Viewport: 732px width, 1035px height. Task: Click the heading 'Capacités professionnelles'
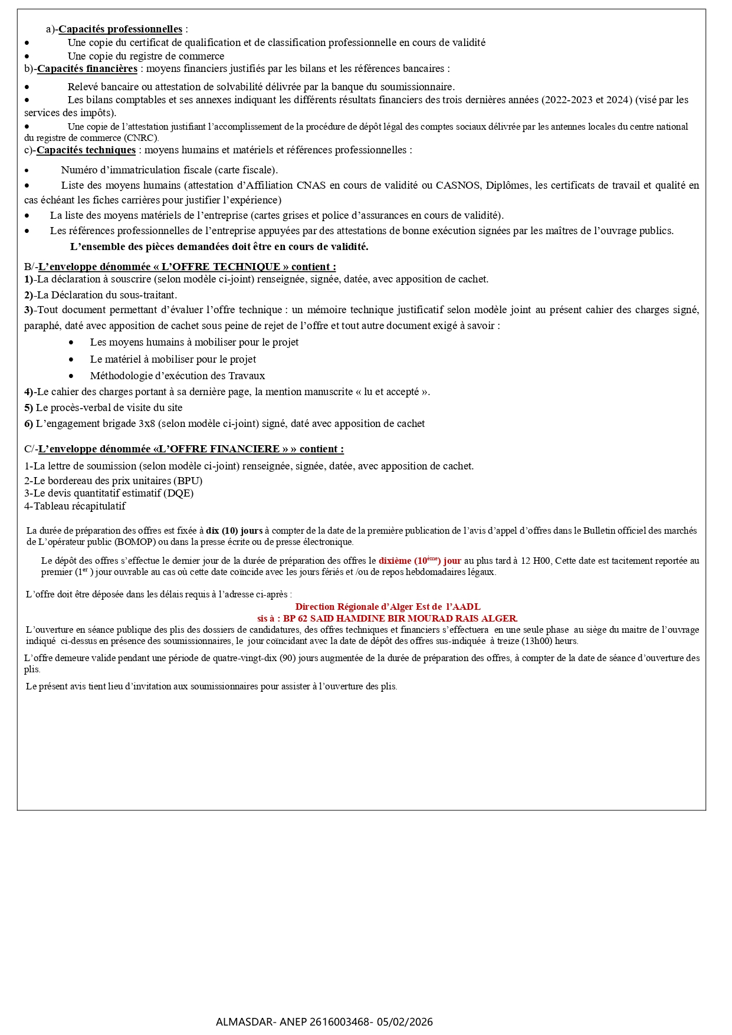pyautogui.click(x=120, y=29)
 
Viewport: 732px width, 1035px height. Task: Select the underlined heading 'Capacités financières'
pyautogui.click(x=87, y=68)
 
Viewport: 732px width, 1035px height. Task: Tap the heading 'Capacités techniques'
pyautogui.click(x=86, y=150)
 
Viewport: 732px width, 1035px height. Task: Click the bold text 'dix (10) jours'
pyautogui.click(x=234, y=531)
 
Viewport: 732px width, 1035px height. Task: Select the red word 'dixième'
pyautogui.click(x=395, y=561)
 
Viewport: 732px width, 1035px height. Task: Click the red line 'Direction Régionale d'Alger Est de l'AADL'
pyautogui.click(x=388, y=607)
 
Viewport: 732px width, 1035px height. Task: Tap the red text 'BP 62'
pyautogui.click(x=296, y=619)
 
